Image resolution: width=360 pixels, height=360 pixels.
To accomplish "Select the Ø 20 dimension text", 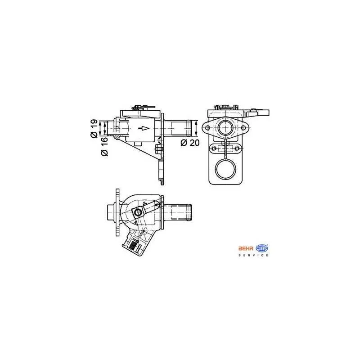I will [190, 143].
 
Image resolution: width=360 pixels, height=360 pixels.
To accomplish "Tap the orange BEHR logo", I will [246, 248].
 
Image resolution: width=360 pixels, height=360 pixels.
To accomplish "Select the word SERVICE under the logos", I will [253, 255].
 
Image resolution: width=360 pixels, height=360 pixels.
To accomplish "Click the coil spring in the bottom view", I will [133, 245].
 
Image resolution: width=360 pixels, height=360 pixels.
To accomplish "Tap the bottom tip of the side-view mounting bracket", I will [162, 182].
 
